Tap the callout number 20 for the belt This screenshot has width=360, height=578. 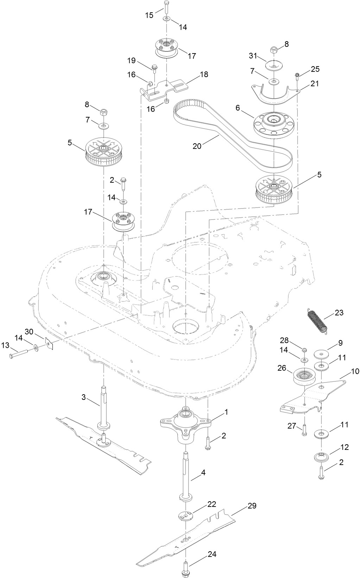point(197,145)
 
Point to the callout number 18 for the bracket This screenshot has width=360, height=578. point(204,74)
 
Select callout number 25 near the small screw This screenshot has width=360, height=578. point(315,69)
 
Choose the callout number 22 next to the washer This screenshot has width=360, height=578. point(211,504)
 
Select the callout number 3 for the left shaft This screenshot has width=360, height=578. point(83,397)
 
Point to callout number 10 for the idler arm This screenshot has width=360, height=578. point(355,371)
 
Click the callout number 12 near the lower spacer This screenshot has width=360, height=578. point(345,447)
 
